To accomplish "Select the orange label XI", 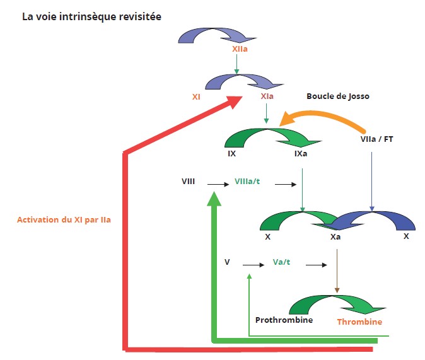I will (x=196, y=97).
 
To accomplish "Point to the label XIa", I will (x=267, y=97).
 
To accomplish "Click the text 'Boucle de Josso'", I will (x=338, y=96).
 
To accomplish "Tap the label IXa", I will (x=301, y=153).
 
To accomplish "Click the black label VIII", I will (x=188, y=182).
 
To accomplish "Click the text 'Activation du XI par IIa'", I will (x=63, y=220).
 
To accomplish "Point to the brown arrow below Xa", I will (x=337, y=270).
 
